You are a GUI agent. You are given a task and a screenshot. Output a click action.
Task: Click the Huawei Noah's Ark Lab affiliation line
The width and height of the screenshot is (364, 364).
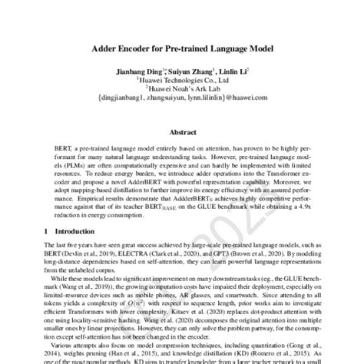[183, 88]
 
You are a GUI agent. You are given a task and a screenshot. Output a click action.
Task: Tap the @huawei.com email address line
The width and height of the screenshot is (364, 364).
[183, 98]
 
